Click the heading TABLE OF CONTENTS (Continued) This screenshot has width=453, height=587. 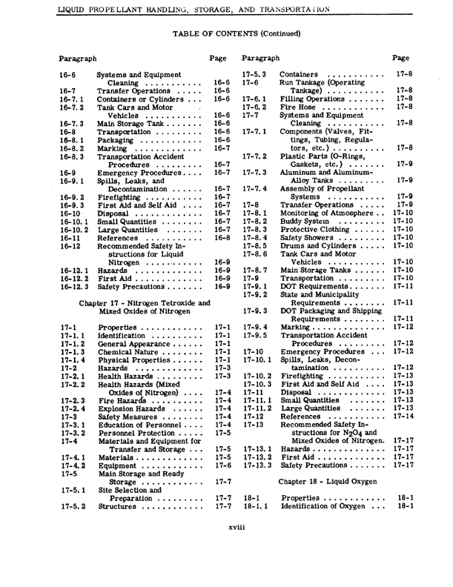point(227,33)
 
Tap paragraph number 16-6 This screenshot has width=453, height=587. point(66,76)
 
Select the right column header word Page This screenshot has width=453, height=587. point(400,56)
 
